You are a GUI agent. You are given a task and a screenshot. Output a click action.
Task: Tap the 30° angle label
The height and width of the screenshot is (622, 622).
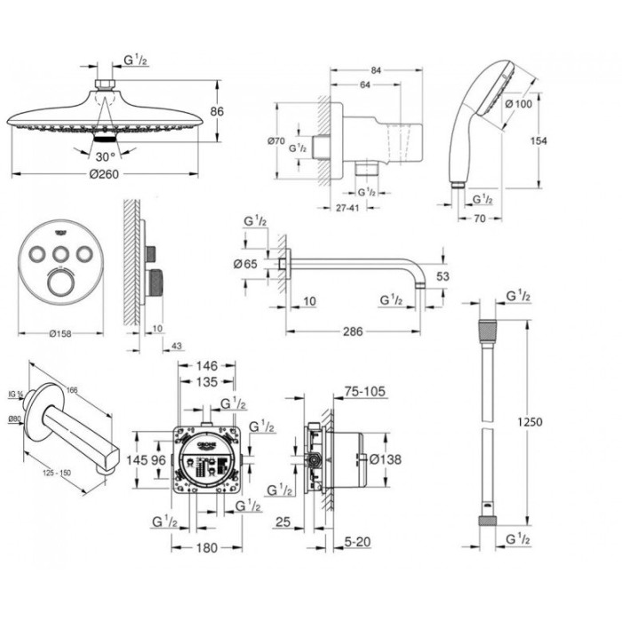coord(107,155)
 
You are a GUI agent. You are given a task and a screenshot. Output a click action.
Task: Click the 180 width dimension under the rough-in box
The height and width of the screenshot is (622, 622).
coord(206,548)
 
